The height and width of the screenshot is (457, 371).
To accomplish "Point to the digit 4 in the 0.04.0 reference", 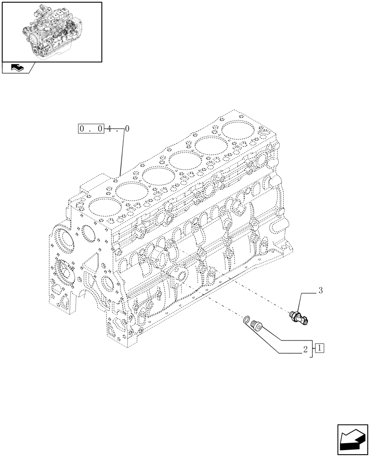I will (110, 129).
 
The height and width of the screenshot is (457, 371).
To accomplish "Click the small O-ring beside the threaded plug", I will (247, 319).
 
